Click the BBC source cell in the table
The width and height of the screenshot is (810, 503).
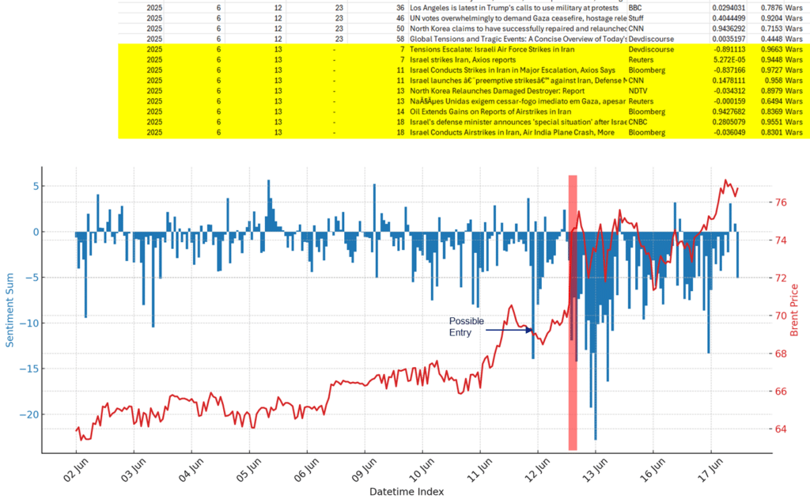click(635, 8)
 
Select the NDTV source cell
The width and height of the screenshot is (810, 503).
click(638, 90)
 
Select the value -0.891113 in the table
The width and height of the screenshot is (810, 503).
click(729, 49)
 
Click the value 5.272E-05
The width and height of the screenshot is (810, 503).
click(729, 59)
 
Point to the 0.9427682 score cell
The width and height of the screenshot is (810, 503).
click(729, 111)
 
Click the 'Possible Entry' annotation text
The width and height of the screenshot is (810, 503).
click(466, 327)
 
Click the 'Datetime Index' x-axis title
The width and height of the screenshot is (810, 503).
click(406, 491)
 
